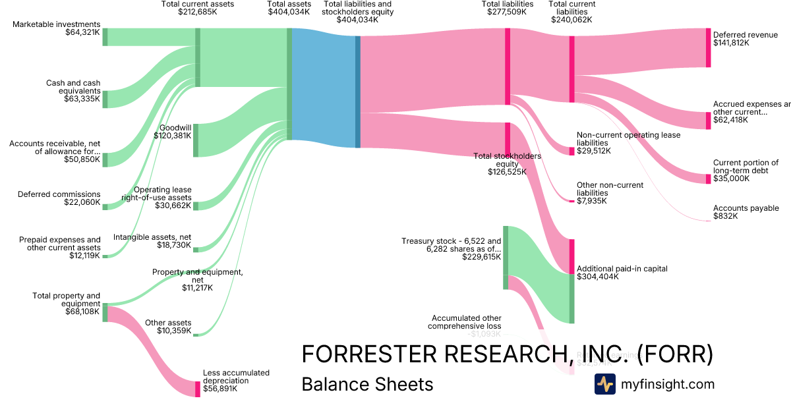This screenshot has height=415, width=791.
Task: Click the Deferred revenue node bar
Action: (x=708, y=47)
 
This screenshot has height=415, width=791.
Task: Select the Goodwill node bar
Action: (x=195, y=140)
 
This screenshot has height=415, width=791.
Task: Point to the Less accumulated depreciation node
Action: (x=197, y=389)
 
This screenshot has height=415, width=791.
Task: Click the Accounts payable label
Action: (x=746, y=208)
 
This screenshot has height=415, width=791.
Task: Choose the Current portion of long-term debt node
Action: (x=708, y=179)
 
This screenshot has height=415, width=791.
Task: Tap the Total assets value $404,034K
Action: (x=288, y=11)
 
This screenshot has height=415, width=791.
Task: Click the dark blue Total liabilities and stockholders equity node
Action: (x=358, y=92)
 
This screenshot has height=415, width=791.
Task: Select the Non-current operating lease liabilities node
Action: (x=571, y=151)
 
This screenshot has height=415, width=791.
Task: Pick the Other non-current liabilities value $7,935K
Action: (x=593, y=201)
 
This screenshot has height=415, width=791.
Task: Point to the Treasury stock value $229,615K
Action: (x=481, y=258)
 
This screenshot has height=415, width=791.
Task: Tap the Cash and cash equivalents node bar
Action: (x=104, y=99)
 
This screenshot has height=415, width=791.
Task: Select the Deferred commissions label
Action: (x=59, y=194)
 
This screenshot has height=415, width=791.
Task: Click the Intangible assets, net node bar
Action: (x=195, y=249)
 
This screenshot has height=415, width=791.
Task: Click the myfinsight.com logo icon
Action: (x=604, y=384)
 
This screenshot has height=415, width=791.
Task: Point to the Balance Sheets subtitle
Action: (x=366, y=385)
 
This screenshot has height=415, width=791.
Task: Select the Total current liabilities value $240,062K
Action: (x=571, y=20)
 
